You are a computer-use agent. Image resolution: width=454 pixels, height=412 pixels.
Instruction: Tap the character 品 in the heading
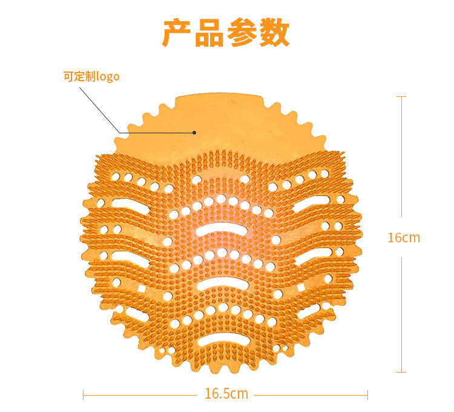pos(209,33)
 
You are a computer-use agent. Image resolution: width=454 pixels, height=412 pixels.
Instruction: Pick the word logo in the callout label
pos(108,78)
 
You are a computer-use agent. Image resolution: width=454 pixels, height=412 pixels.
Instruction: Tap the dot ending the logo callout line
pos(194,132)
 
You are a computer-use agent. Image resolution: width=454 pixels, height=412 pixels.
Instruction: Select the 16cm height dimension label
pos(403,238)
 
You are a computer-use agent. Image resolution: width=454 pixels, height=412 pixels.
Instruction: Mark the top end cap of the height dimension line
pos(401,96)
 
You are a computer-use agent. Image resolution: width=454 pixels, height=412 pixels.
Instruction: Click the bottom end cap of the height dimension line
pos(401,372)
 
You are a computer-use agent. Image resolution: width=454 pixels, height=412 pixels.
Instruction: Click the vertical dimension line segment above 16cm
pos(401,158)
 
